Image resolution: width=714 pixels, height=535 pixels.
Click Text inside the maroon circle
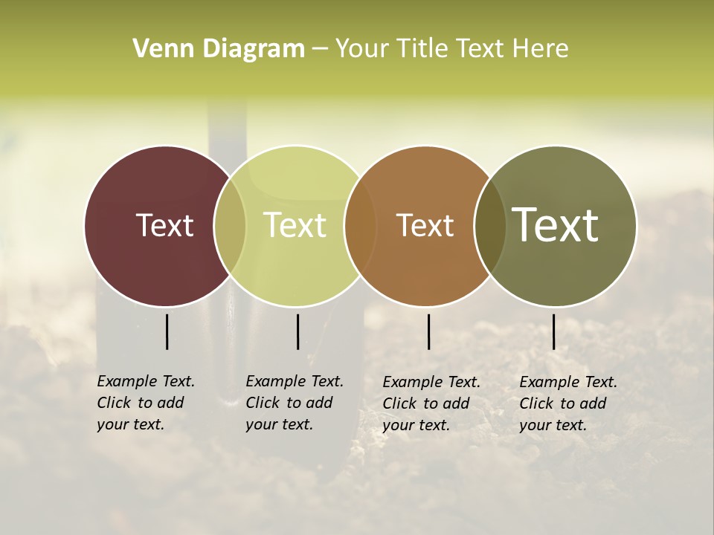[x=164, y=225]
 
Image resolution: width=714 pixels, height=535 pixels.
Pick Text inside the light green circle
[x=295, y=225]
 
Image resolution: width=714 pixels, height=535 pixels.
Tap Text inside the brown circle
[x=425, y=225]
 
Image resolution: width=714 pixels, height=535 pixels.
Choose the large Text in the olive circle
[x=556, y=224]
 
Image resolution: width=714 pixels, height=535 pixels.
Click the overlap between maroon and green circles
[x=230, y=225]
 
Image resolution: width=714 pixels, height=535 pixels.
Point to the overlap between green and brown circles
[x=361, y=225]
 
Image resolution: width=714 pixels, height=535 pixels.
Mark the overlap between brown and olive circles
[x=490, y=225]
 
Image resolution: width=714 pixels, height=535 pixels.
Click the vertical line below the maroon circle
[x=167, y=331]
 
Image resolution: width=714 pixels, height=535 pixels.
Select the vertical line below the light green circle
[x=297, y=331]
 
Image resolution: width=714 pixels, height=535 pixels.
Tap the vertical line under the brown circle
[x=428, y=331]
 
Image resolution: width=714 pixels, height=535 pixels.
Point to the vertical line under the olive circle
[x=553, y=331]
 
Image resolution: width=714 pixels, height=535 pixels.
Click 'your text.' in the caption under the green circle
[x=279, y=424]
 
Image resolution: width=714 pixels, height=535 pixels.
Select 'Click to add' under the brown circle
[x=426, y=403]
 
